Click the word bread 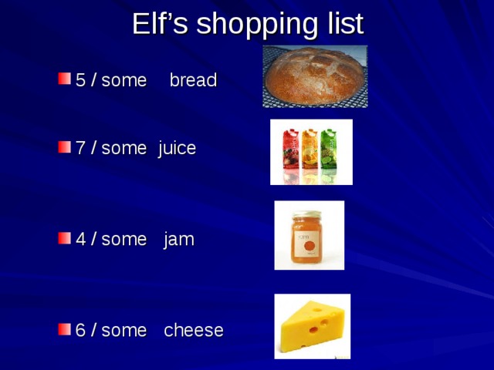(x=193, y=80)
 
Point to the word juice (x=177, y=149)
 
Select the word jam (x=179, y=240)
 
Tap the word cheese (x=194, y=331)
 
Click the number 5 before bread (x=80, y=80)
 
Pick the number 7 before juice (x=80, y=149)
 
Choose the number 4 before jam (x=80, y=240)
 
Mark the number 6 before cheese (x=80, y=331)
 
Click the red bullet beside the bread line (x=63, y=79)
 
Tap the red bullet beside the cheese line (x=63, y=329)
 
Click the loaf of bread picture (x=313, y=76)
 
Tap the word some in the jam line (x=123, y=240)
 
